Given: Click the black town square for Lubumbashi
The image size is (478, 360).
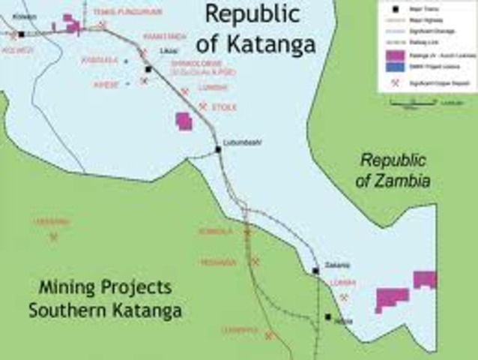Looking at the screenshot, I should pyautogui.click(x=218, y=149).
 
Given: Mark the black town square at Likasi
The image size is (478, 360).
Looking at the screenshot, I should pyautogui.click(x=149, y=69).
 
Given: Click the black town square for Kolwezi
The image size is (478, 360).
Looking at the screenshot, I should pyautogui.click(x=22, y=34).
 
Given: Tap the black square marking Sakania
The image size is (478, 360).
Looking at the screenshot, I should pyautogui.click(x=315, y=271).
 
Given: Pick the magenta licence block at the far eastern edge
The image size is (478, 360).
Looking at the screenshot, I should pyautogui.click(x=425, y=280).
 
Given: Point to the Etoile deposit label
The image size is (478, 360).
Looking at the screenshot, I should pyautogui.click(x=226, y=108).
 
